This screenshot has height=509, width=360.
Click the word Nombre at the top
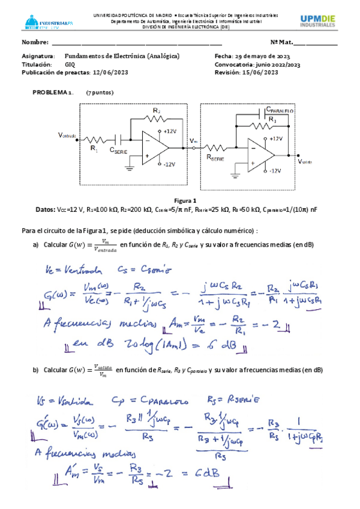35,42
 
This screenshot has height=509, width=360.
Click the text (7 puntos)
100,92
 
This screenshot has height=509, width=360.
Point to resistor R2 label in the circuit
156,111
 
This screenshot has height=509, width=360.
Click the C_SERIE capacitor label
120,151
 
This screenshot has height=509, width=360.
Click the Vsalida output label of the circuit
305,161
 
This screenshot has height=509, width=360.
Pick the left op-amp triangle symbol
154,147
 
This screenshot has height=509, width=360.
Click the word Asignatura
38,56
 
